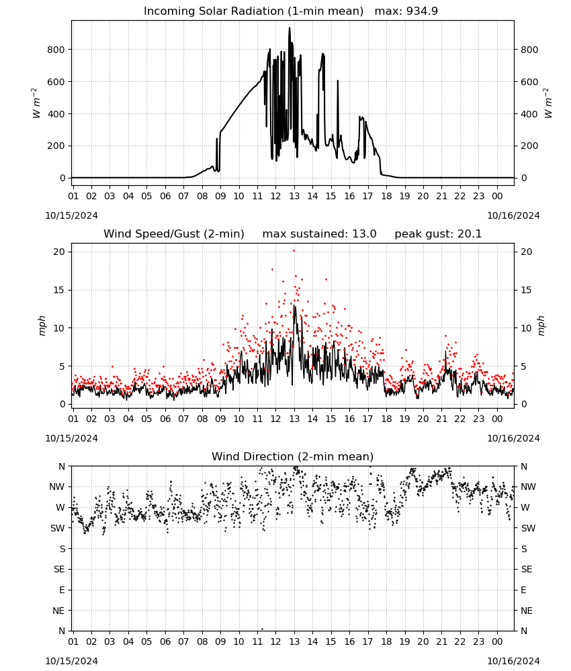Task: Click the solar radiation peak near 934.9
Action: pyautogui.click(x=290, y=28)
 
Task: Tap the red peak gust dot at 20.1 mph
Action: pyautogui.click(x=294, y=251)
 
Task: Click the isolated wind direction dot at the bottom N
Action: pyautogui.click(x=262, y=629)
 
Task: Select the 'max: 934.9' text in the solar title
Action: pyautogui.click(x=406, y=11)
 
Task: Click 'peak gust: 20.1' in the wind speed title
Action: pyautogui.click(x=438, y=234)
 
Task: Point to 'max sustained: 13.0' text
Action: pyautogui.click(x=320, y=234)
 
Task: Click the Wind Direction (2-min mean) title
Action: pyautogui.click(x=293, y=456)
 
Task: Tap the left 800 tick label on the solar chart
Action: pyautogui.click(x=56, y=50)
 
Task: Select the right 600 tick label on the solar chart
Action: pyautogui.click(x=529, y=82)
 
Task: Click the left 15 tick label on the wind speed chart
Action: pyautogui.click(x=59, y=290)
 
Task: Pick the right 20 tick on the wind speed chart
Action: pyautogui.click(x=527, y=252)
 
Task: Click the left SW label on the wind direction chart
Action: pyautogui.click(x=58, y=529)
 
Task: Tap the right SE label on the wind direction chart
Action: pyautogui.click(x=527, y=570)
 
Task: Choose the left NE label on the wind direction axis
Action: pyautogui.click(x=58, y=611)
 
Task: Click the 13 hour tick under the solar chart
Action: pyautogui.click(x=294, y=197)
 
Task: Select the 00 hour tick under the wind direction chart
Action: pyautogui.click(x=497, y=641)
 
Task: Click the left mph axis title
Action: pyautogui.click(x=42, y=325)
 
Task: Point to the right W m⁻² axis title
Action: pyautogui.click(x=548, y=103)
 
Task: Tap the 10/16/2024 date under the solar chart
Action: pyautogui.click(x=513, y=215)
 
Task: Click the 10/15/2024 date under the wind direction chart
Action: pyautogui.click(x=71, y=661)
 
